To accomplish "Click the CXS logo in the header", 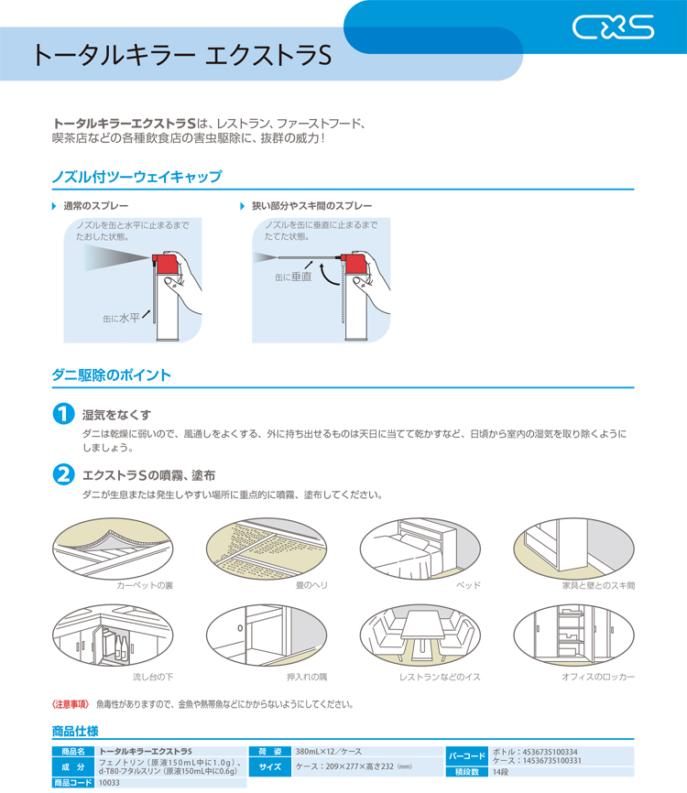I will click(x=613, y=28).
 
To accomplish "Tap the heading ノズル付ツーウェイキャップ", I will click(x=136, y=176).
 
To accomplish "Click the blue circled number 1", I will click(x=64, y=413).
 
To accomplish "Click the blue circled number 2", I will click(x=64, y=474).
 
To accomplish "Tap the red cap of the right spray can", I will click(x=352, y=264).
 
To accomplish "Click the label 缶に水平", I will click(x=121, y=319).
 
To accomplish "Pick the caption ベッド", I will click(x=468, y=584).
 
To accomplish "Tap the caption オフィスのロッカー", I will click(x=597, y=677).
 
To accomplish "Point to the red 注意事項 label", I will click(x=70, y=704).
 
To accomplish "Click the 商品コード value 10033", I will click(x=109, y=783).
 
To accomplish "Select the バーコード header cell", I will click(x=467, y=756).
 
